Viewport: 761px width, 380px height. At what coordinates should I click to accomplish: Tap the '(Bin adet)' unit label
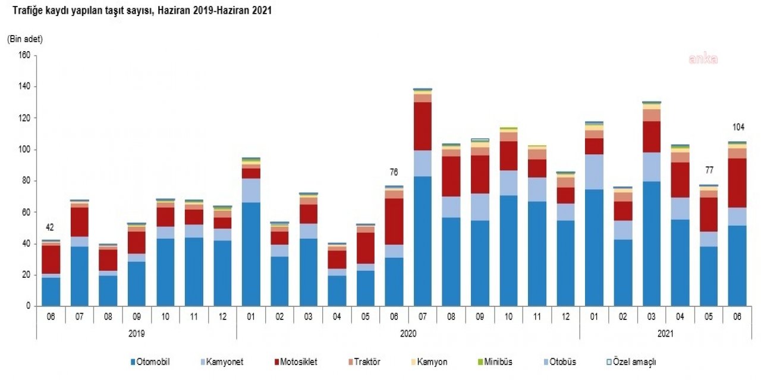point(25,39)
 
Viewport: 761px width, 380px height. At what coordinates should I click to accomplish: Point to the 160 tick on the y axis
point(24,56)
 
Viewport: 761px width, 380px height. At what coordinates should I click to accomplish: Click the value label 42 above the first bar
point(51,227)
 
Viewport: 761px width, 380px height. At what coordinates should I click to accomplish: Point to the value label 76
point(393,173)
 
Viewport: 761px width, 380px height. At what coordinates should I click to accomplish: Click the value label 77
point(708,170)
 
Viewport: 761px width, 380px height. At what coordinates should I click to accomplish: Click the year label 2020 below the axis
point(408,334)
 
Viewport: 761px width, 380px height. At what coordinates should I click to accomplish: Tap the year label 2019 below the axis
point(136,334)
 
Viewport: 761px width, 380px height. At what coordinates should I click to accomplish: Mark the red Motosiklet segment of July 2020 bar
point(422,126)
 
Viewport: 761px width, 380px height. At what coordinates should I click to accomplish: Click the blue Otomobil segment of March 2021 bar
point(651,243)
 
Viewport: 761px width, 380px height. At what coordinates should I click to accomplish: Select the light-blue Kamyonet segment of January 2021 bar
point(594,172)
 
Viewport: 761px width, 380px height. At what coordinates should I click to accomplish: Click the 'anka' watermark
point(703,59)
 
